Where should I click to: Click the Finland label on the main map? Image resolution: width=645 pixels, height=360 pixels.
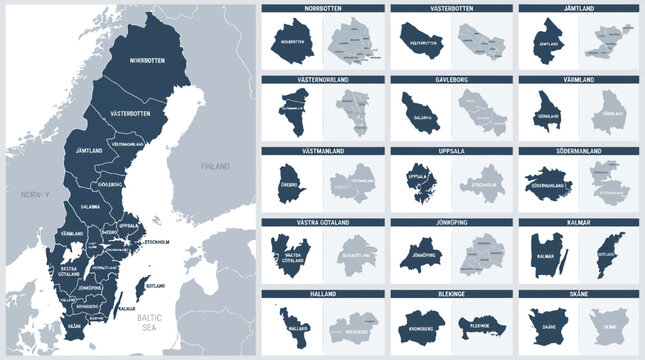214,166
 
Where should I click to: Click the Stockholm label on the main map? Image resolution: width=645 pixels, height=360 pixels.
156,241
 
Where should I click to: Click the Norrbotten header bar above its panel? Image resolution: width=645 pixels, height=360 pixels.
322,8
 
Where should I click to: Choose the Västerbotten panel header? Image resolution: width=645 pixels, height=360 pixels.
450,8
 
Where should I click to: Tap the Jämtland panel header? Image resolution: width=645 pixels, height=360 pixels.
578,8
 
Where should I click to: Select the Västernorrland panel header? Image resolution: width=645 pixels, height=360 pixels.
322,79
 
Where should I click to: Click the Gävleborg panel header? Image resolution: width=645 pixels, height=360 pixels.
450,79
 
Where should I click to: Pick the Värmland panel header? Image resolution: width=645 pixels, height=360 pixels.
578,79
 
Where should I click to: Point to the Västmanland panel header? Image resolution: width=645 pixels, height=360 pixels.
322,151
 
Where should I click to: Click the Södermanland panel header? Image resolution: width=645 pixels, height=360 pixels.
578,151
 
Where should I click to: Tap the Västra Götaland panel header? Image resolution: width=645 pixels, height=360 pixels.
322,223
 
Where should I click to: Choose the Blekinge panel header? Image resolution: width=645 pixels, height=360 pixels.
450,295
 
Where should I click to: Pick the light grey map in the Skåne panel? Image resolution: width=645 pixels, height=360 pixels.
608,326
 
